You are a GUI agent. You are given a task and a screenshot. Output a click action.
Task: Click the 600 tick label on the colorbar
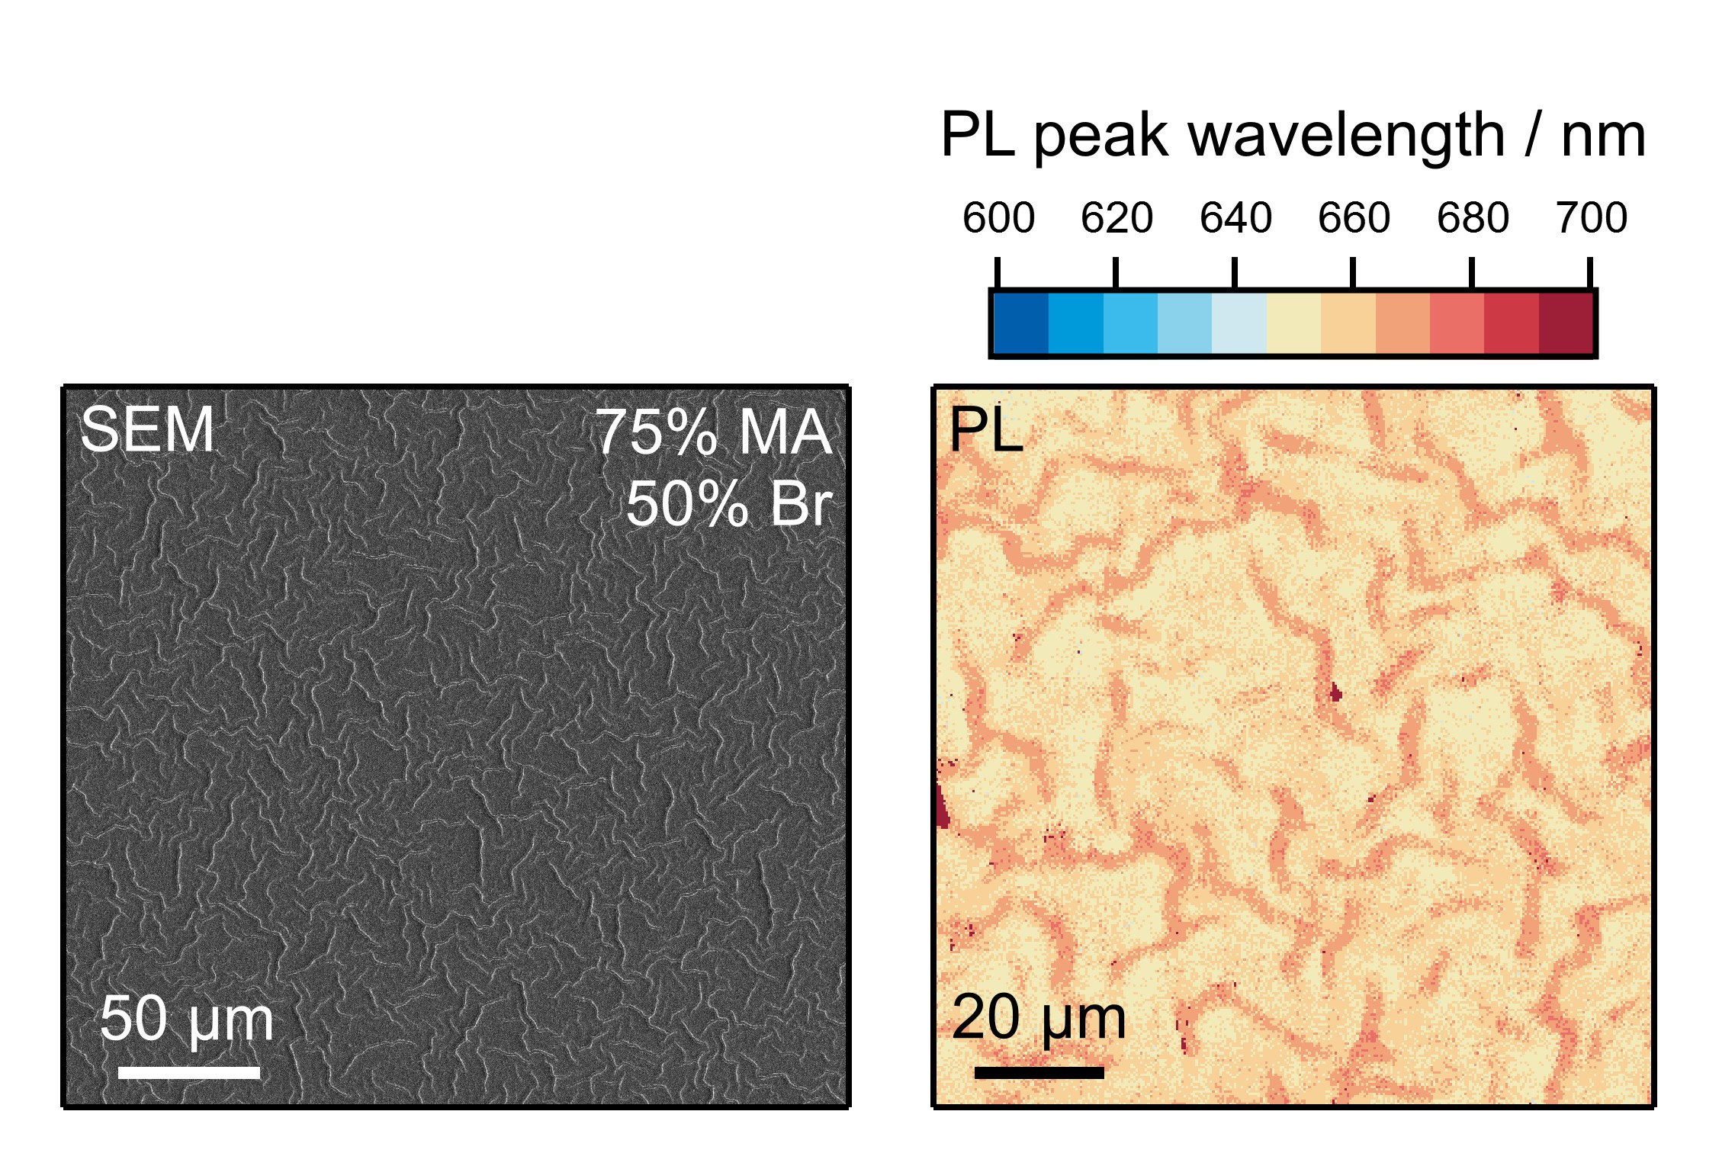pyautogui.click(x=998, y=218)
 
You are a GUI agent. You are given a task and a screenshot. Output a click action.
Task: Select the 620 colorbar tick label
pyautogui.click(x=1116, y=218)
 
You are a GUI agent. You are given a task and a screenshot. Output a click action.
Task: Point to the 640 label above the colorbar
pyautogui.click(x=1235, y=218)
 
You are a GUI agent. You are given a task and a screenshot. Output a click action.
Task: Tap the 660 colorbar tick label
pyautogui.click(x=1353, y=218)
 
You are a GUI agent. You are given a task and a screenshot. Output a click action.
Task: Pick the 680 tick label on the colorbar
pyautogui.click(x=1472, y=218)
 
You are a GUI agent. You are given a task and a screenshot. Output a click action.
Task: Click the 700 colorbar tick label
pyautogui.click(x=1591, y=218)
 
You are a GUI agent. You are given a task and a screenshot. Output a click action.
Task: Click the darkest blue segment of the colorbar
pyautogui.click(x=1021, y=323)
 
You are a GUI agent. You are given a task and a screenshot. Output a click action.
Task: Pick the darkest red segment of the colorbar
pyautogui.click(x=1566, y=323)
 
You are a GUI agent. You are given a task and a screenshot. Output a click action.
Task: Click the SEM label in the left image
pyautogui.click(x=146, y=429)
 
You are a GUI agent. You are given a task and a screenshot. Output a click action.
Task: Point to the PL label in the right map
pyautogui.click(x=985, y=429)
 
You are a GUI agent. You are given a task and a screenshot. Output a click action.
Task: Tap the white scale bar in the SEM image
pyautogui.click(x=189, y=1072)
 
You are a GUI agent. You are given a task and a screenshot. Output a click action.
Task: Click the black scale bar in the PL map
pyautogui.click(x=1039, y=1072)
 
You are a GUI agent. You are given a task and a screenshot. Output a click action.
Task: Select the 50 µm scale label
pyautogui.click(x=186, y=1019)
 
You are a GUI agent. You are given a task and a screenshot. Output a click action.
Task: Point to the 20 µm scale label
pyautogui.click(x=1039, y=1017)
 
